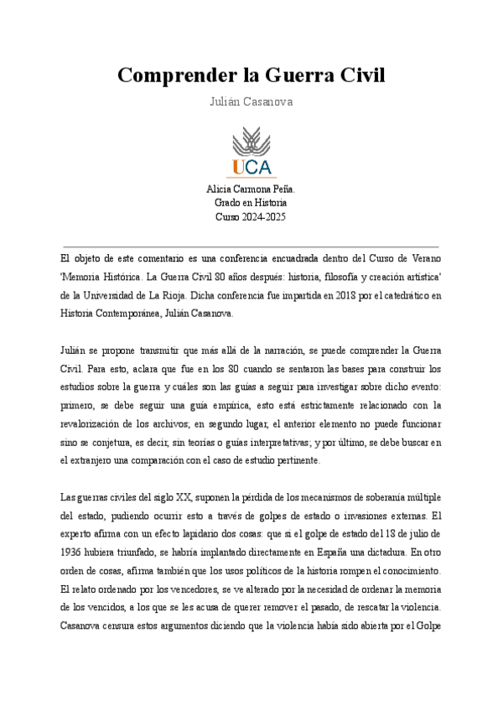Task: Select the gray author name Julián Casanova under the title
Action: [x=251, y=101]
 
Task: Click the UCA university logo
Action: [x=251, y=152]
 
